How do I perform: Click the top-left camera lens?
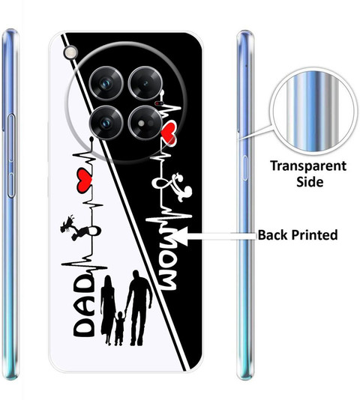coord(106,83)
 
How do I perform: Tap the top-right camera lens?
coord(145,83)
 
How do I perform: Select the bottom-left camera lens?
coord(106,123)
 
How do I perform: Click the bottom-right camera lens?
coord(145,123)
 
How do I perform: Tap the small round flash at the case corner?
coord(70,52)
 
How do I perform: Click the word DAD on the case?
coord(84,306)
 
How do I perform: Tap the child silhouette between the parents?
coord(119,328)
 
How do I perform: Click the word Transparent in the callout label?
coord(308,166)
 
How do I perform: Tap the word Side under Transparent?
coord(310,182)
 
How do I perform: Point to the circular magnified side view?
coord(313,112)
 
